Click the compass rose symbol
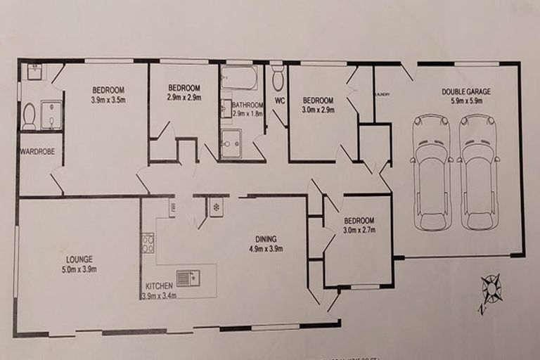click(x=491, y=290)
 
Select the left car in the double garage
click(x=432, y=172)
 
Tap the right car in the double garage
click(x=479, y=172)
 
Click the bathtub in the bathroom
click(x=239, y=77)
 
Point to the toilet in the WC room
click(x=278, y=80)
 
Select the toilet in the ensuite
click(x=29, y=117)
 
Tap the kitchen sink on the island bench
click(x=188, y=278)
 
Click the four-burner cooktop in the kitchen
click(x=148, y=243)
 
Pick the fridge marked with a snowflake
click(x=217, y=207)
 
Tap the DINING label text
click(x=265, y=238)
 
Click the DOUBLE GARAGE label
click(x=466, y=91)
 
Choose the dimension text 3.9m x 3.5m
click(x=108, y=101)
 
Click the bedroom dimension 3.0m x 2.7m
click(x=359, y=230)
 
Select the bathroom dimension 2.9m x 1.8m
click(x=247, y=114)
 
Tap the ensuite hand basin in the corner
click(x=35, y=71)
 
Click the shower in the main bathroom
click(x=231, y=143)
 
